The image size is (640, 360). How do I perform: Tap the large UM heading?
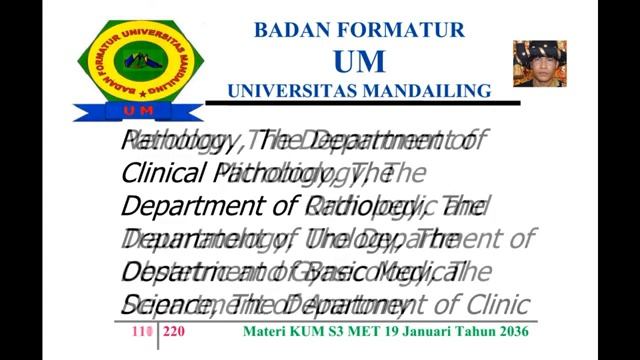tap(359, 61)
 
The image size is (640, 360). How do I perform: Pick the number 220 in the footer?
tap(174, 331)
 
